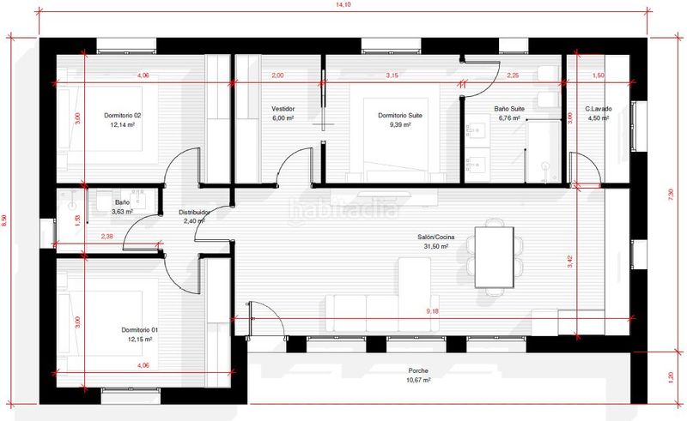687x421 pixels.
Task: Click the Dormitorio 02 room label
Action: [x=122, y=116]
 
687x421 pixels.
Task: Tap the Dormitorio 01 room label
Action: [x=140, y=330]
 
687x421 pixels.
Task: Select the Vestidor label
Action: [x=283, y=109]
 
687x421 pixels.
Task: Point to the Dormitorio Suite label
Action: [x=400, y=116]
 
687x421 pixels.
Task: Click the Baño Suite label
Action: [x=509, y=109]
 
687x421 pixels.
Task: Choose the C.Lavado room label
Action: [x=599, y=109]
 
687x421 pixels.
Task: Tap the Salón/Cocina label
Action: [x=435, y=238]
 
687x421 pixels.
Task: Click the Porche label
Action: [x=418, y=370]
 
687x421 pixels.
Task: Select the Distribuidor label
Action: [x=194, y=213]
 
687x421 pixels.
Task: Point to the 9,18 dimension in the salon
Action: [x=433, y=311]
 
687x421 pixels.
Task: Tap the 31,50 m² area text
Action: [x=435, y=246]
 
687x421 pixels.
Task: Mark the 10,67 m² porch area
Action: [x=418, y=380]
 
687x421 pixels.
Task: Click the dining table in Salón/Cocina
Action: [x=495, y=257]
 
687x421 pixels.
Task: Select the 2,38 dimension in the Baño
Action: [x=106, y=237]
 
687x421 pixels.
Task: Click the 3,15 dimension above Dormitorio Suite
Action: [x=392, y=75]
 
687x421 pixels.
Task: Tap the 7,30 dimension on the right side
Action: [x=670, y=195]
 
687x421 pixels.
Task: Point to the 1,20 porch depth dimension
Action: [x=670, y=377]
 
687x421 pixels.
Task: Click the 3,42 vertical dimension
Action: [x=569, y=262]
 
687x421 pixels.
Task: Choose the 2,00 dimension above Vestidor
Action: [x=277, y=75]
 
